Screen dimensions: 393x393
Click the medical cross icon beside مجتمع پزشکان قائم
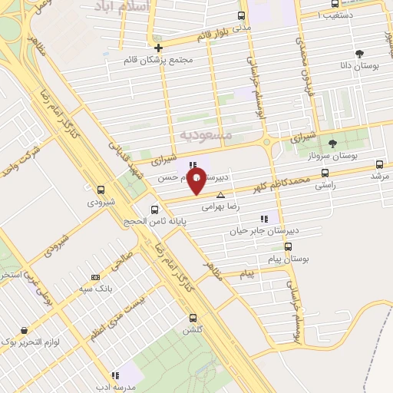(x=158, y=48)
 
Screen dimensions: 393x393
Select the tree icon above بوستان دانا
(x=359, y=54)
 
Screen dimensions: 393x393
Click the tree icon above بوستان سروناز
(x=332, y=144)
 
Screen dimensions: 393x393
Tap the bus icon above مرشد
(x=379, y=164)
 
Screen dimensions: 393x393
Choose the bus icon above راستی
(x=325, y=173)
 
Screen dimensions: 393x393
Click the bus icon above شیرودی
(x=101, y=190)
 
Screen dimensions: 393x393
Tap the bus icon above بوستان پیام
(x=288, y=247)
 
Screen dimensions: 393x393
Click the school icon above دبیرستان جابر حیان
(x=265, y=219)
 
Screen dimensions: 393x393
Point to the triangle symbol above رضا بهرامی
(x=221, y=195)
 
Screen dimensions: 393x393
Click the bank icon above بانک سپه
(x=95, y=277)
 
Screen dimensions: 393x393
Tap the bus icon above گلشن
(x=192, y=318)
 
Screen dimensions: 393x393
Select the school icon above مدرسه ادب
(x=115, y=375)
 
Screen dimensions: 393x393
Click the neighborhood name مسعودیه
(x=206, y=134)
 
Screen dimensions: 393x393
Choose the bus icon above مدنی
(x=242, y=15)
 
